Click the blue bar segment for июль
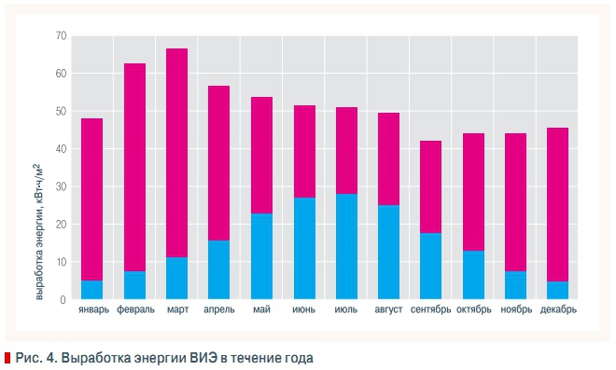pyautogui.click(x=346, y=247)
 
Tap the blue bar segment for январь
pyautogui.click(x=92, y=290)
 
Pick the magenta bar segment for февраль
pyautogui.click(x=134, y=167)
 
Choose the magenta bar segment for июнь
pyautogui.click(x=303, y=152)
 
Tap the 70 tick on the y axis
pyautogui.click(x=61, y=36)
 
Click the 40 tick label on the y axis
pyautogui.click(x=61, y=149)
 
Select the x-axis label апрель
pyautogui.click(x=218, y=310)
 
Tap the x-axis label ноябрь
pyautogui.click(x=515, y=310)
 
